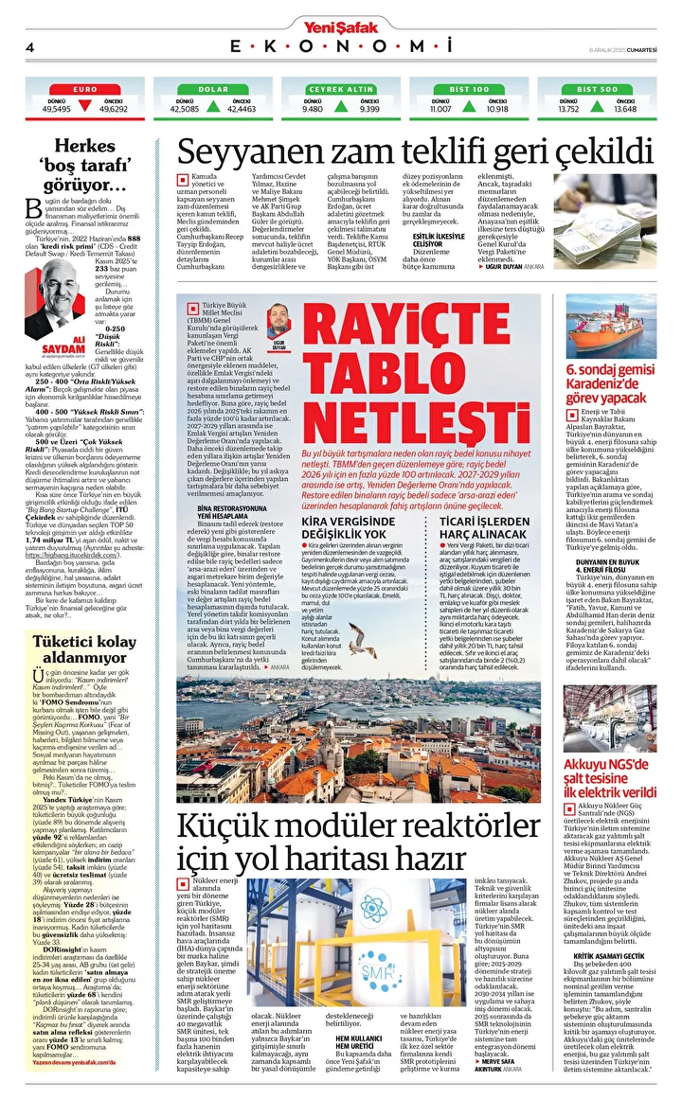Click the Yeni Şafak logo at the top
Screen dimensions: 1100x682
[340, 11]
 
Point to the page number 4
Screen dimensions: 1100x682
[29, 47]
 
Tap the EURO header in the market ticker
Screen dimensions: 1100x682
[85, 89]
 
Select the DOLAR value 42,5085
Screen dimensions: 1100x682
[184, 109]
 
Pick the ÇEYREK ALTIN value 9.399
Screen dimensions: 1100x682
[369, 109]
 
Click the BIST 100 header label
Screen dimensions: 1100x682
[468, 89]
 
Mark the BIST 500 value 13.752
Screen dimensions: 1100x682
[568, 109]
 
